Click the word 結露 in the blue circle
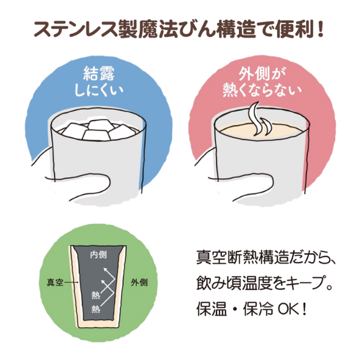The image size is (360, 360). (99, 74)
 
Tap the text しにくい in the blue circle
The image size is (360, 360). (99, 91)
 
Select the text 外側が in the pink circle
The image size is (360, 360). (262, 74)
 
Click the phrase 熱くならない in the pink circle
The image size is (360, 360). (262, 90)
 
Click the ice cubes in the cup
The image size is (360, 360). (98, 130)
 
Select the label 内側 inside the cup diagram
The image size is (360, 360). (98, 255)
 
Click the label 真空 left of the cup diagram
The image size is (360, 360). (55, 282)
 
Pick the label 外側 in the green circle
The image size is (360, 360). (139, 282)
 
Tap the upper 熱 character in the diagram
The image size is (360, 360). (96, 295)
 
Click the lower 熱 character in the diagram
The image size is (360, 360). (96, 309)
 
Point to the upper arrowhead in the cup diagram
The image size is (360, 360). (105, 270)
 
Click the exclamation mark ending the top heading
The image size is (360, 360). (320, 29)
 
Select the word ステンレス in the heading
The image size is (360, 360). (75, 29)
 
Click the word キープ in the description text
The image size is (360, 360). (306, 283)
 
